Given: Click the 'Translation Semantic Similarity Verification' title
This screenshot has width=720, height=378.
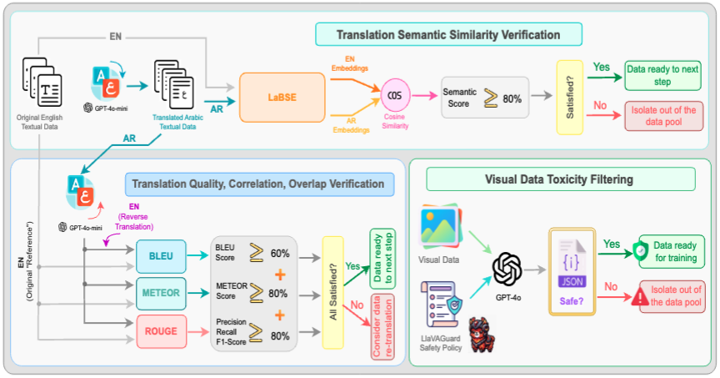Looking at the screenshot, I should click(x=447, y=35).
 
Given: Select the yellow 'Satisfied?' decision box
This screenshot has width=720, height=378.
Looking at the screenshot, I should click(x=570, y=98).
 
